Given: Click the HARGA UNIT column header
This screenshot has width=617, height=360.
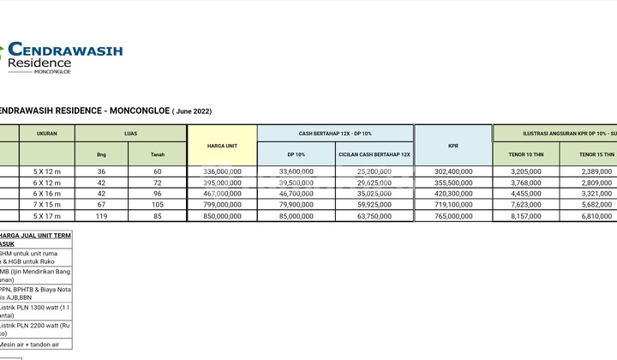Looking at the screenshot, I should click(221, 146).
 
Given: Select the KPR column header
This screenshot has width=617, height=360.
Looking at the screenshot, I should click(452, 146).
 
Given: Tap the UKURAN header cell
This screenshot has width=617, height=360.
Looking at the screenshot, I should click(47, 133).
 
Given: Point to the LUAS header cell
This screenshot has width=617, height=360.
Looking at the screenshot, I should click(130, 133).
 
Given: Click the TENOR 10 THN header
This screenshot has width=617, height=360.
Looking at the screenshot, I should click(526, 154).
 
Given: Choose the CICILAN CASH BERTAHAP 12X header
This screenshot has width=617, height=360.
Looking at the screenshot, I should click(374, 154).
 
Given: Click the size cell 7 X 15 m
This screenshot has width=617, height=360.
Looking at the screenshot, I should click(47, 205).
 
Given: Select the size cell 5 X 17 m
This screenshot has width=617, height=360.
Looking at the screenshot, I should click(47, 216).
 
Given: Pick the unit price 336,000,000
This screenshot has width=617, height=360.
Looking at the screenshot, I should click(221, 171).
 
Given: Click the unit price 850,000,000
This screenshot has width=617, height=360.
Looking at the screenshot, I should click(221, 216).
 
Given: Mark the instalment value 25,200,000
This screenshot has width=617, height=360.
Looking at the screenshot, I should click(374, 171).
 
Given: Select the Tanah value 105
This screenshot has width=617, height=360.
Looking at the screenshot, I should click(158, 205).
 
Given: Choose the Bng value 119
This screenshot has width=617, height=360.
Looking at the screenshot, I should click(102, 216).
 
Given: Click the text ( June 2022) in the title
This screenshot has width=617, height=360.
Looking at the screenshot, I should click(192, 111).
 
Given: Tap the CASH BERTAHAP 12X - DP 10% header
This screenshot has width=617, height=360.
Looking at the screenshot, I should click(335, 133).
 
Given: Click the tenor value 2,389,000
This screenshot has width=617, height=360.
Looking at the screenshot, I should click(596, 171).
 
